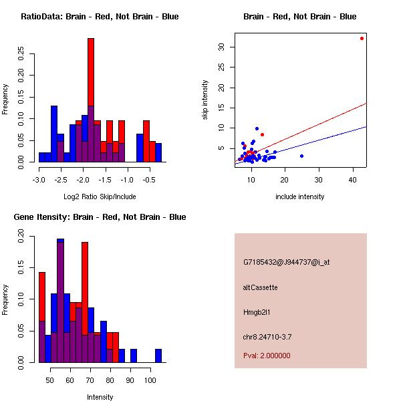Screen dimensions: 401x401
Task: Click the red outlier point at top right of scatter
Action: pos(362,38)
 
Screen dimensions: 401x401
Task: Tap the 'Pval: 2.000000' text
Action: pos(267,356)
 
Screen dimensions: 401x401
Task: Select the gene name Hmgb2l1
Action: pos(257,312)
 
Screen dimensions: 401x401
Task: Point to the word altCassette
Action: pos(260,287)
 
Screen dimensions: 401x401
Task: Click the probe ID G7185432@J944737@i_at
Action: pos(286,262)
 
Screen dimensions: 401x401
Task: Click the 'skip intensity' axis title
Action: pos(205,100)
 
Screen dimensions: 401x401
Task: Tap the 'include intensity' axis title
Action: pos(299,196)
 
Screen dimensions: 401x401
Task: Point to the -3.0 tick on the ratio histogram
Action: pos(39,180)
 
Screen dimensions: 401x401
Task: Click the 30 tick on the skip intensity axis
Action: pos(221,47)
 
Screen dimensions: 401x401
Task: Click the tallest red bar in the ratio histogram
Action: pos(91,100)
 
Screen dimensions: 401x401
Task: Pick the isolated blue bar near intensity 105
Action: pos(158,356)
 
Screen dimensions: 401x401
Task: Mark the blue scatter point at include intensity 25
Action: pos(301,156)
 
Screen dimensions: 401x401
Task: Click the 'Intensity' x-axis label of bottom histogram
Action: pos(100,397)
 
